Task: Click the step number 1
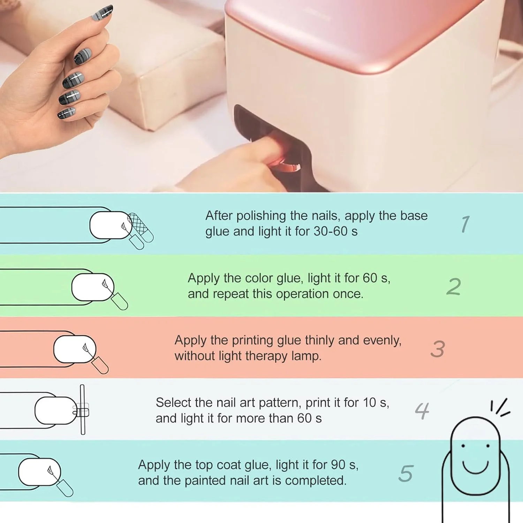(465, 224)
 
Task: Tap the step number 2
(454, 287)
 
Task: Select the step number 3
(438, 349)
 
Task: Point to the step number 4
(422, 411)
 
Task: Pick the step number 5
(406, 473)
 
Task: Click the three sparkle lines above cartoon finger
(500, 407)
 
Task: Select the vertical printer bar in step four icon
(83, 409)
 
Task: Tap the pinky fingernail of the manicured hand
(66, 113)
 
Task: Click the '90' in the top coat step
(338, 465)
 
